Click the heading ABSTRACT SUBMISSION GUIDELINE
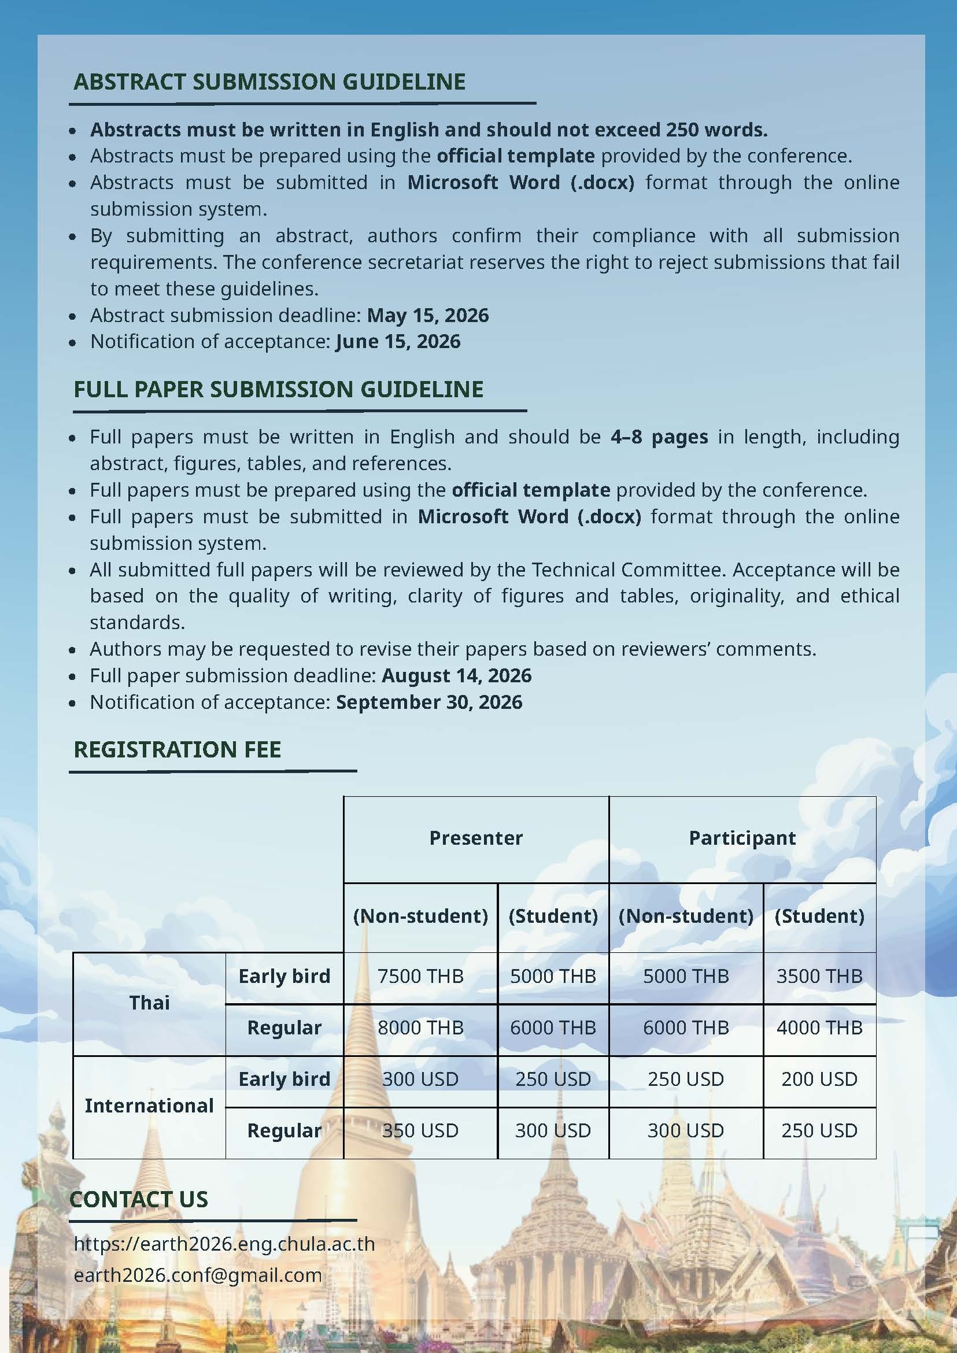[269, 82]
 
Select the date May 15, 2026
[428, 315]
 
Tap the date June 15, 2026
[398, 342]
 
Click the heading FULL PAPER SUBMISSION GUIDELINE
[278, 390]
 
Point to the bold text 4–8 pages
[659, 437]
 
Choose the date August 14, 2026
[457, 675]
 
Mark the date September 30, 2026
[429, 702]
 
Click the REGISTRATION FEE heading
[178, 749]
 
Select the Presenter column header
[475, 838]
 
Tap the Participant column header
[742, 838]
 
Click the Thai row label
[149, 1003]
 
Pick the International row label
[149, 1106]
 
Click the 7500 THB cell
[420, 977]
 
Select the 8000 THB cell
[420, 1027]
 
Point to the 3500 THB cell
[819, 977]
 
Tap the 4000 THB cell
[819, 1027]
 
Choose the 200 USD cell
[819, 1079]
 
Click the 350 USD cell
[420, 1130]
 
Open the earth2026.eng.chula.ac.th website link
[224, 1243]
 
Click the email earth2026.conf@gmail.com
[198, 1274]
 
